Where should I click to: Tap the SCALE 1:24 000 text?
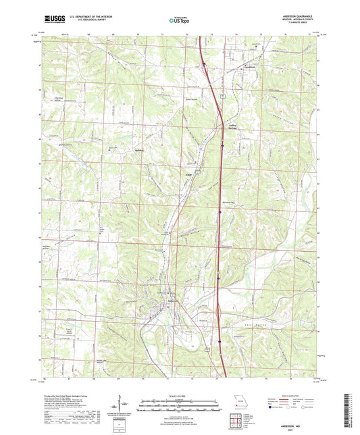pyautogui.click(x=180, y=396)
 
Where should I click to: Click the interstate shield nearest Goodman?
pyautogui.click(x=203, y=65)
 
